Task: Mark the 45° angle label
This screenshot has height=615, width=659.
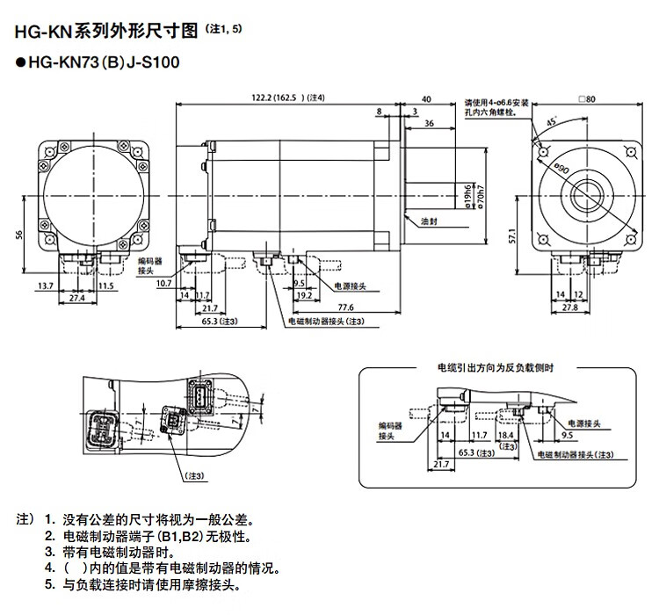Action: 550,122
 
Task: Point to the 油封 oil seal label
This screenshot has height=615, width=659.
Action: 429,222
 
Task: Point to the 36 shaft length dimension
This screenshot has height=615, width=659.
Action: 428,124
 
